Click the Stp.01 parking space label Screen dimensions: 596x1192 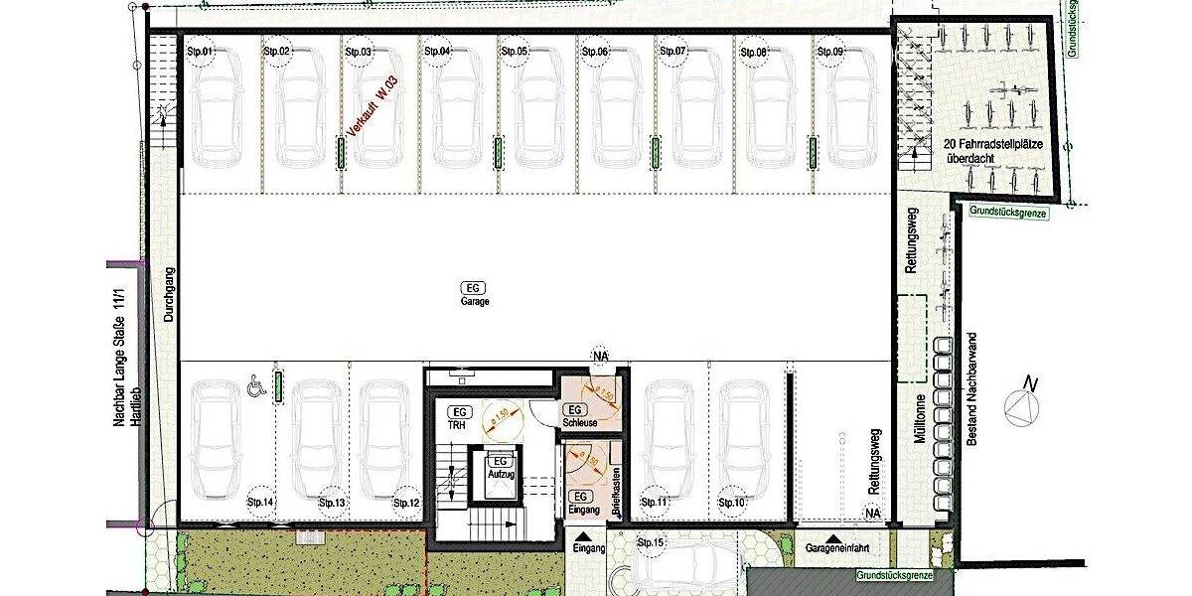(x=201, y=51)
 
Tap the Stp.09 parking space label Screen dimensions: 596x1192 (x=829, y=51)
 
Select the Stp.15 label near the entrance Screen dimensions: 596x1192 (x=651, y=542)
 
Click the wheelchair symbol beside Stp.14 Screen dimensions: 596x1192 (x=255, y=382)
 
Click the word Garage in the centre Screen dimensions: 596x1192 (x=475, y=300)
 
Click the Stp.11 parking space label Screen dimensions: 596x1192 (x=656, y=504)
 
